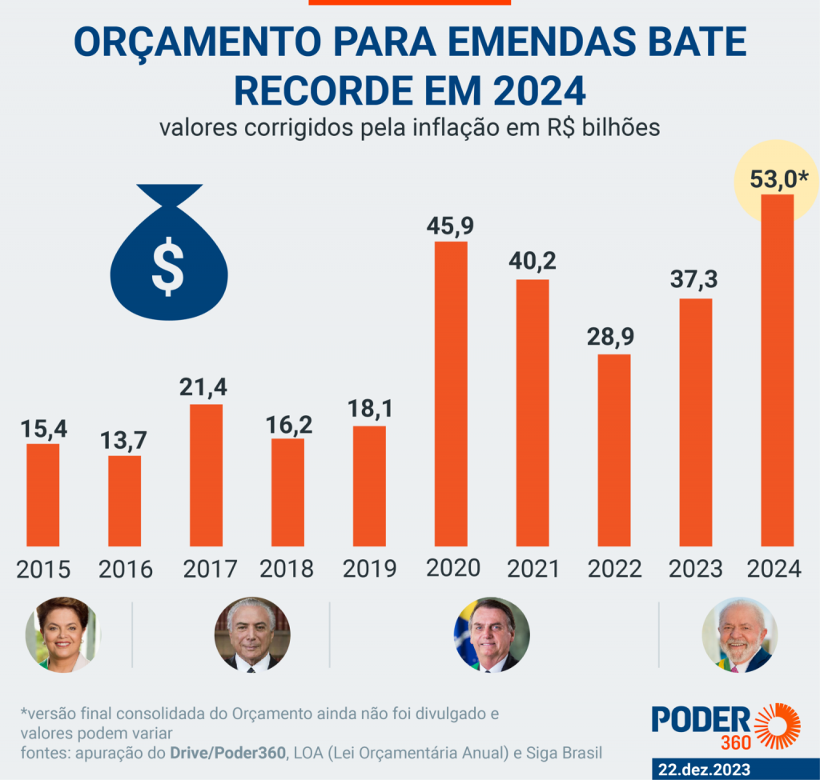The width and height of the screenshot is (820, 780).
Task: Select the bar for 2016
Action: pos(125,501)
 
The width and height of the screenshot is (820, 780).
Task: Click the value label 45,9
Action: pos(451,226)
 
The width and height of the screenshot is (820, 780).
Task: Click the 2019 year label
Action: pos(369,569)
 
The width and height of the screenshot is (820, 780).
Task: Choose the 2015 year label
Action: pos(43,569)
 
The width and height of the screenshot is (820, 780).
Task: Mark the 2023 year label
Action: pos(695,569)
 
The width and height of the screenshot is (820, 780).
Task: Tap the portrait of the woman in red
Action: pos(62,634)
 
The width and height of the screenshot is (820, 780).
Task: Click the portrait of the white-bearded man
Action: pos(740,634)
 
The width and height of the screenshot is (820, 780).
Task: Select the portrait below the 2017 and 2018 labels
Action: pos(252,634)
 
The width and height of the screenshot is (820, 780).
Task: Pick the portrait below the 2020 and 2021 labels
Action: pos(492,634)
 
